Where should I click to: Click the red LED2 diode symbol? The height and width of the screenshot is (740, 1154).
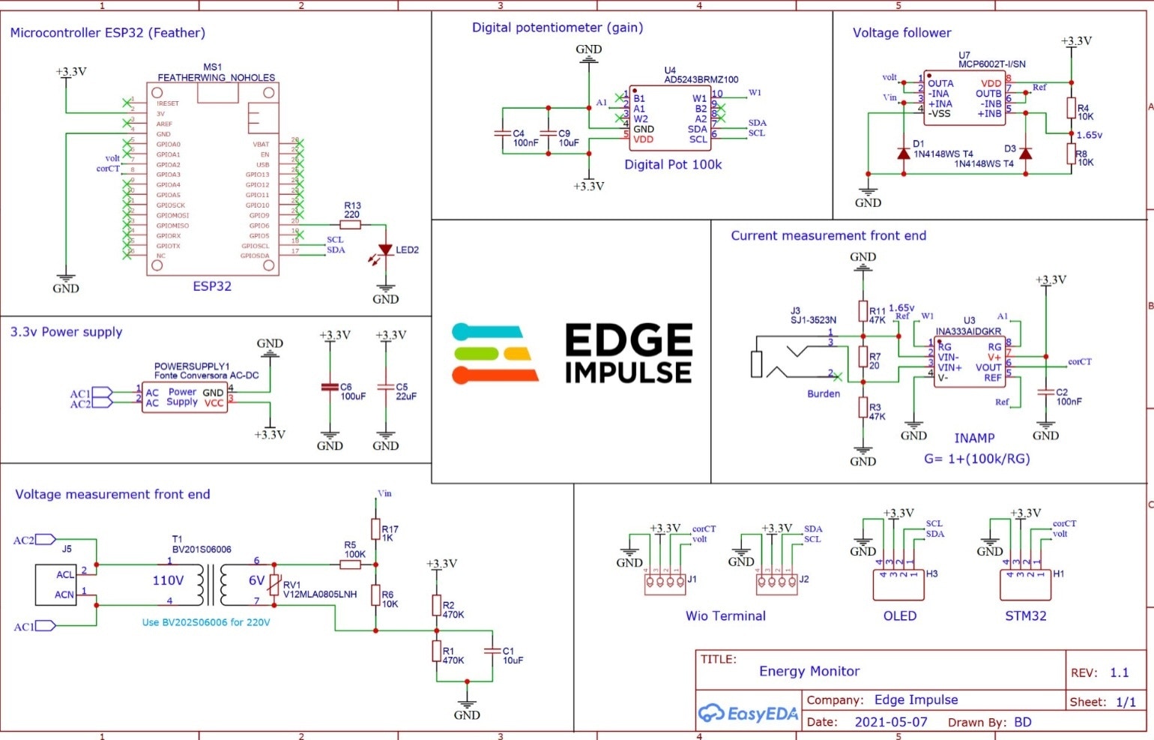click(x=385, y=250)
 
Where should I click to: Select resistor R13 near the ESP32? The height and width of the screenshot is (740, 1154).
click(x=350, y=224)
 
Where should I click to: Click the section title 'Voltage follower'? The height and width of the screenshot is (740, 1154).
click(x=901, y=33)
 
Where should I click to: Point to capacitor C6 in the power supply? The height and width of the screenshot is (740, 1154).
click(x=330, y=387)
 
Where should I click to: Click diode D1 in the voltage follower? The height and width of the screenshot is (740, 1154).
click(x=904, y=153)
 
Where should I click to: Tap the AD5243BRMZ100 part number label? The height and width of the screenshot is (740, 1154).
click(x=701, y=79)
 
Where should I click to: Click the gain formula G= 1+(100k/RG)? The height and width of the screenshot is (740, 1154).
click(x=976, y=459)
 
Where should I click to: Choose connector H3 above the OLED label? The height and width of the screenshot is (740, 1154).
click(x=898, y=585)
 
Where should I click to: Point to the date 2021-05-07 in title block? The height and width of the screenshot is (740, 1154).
click(x=890, y=722)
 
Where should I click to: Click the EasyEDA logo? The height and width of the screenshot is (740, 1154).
click(x=748, y=714)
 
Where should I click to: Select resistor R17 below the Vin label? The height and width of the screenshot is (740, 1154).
click(x=375, y=530)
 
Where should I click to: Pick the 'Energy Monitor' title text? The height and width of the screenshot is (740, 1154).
click(x=809, y=671)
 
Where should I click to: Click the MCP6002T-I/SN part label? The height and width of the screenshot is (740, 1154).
click(x=991, y=64)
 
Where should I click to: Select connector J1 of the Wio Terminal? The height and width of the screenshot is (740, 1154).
click(x=665, y=583)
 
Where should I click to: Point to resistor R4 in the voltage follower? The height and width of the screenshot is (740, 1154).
click(x=1071, y=108)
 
